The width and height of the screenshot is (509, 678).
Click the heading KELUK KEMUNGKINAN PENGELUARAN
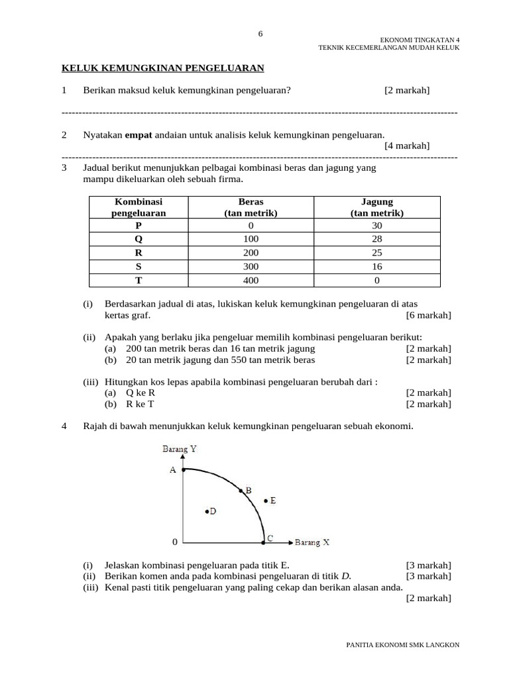tap(163, 68)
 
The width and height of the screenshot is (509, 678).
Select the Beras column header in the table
tap(251, 207)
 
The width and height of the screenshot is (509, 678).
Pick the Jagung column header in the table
tap(376, 207)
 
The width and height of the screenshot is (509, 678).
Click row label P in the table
tap(138, 225)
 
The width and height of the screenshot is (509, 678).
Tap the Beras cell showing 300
tap(251, 266)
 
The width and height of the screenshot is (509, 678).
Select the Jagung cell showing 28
tap(376, 238)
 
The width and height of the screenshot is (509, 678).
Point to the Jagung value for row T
tap(376, 280)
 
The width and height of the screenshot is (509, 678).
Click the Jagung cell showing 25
tap(376, 252)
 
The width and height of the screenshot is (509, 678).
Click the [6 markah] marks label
tap(429, 315)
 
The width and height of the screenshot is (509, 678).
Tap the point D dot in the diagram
tap(207, 511)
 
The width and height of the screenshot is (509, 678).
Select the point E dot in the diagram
tap(265, 501)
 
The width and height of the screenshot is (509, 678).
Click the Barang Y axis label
tap(180, 449)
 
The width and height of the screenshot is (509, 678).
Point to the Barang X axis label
tap(312, 542)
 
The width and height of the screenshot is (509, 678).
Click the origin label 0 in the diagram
tap(174, 542)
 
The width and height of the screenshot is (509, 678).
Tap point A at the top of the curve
tap(183, 469)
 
